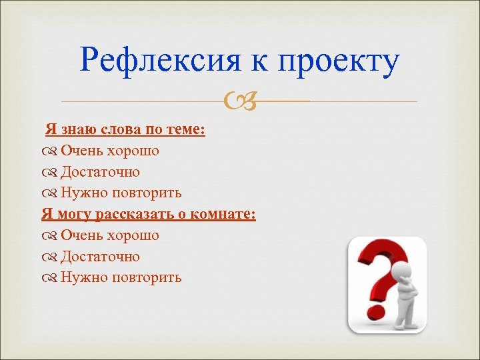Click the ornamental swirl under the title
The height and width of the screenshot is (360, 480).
[x=239, y=101]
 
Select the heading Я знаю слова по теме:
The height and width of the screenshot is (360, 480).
[x=125, y=129]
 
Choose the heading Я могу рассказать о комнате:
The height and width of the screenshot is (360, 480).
[x=149, y=214]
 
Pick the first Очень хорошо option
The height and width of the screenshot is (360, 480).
[x=109, y=151]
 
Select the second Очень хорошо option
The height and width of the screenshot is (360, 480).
[x=109, y=235]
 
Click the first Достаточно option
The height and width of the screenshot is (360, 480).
[x=100, y=172]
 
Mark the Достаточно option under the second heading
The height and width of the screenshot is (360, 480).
[x=100, y=257]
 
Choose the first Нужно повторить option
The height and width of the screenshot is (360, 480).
[x=121, y=193]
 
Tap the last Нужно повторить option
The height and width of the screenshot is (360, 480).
[x=121, y=277]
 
